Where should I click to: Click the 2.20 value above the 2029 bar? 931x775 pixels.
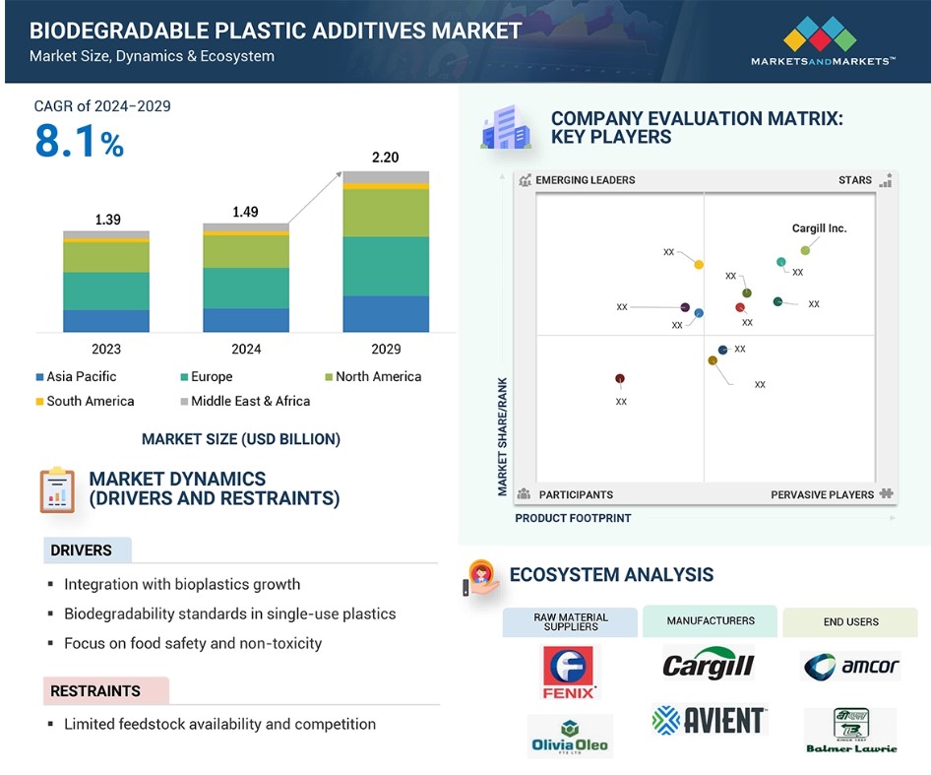click(386, 158)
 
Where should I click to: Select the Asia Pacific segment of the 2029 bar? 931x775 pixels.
click(386, 314)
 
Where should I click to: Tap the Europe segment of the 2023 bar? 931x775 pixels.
click(106, 291)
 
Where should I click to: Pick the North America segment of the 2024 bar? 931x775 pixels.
click(246, 251)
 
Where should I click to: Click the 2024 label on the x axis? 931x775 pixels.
click(246, 349)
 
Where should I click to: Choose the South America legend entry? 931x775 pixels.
click(85, 401)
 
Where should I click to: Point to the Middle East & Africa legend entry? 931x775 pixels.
click(245, 401)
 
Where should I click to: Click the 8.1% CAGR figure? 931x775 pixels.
click(79, 142)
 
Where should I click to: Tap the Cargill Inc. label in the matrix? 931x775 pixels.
click(820, 228)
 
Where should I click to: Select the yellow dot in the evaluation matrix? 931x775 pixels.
click(699, 265)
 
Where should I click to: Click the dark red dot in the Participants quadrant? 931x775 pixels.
click(620, 378)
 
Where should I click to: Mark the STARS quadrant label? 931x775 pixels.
click(855, 180)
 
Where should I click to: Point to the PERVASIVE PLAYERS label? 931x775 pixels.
click(823, 494)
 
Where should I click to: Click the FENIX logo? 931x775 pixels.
click(570, 673)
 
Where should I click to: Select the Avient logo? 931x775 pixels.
click(711, 720)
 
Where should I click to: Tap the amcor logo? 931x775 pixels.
click(851, 667)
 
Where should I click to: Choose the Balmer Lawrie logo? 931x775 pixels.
click(851, 731)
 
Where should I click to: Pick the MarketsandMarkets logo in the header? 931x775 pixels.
click(823, 41)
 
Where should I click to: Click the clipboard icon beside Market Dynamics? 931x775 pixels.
click(57, 490)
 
